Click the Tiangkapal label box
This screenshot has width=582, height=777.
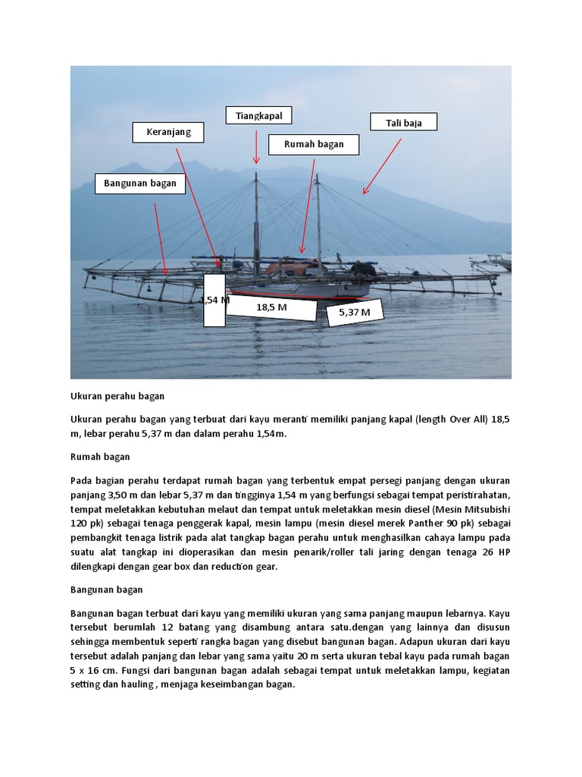258,115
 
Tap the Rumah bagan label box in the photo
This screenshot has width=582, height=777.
313,144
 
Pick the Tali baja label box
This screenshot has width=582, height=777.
403,122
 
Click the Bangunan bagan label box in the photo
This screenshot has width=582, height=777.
140,183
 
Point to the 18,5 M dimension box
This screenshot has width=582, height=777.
271,307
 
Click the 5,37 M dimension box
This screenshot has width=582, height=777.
355,311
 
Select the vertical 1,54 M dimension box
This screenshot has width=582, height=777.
214,300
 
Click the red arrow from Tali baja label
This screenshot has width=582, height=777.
382,166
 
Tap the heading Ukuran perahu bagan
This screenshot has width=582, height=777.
117,396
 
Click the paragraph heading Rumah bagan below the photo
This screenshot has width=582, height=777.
100,457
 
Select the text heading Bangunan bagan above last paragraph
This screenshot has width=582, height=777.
107,590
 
